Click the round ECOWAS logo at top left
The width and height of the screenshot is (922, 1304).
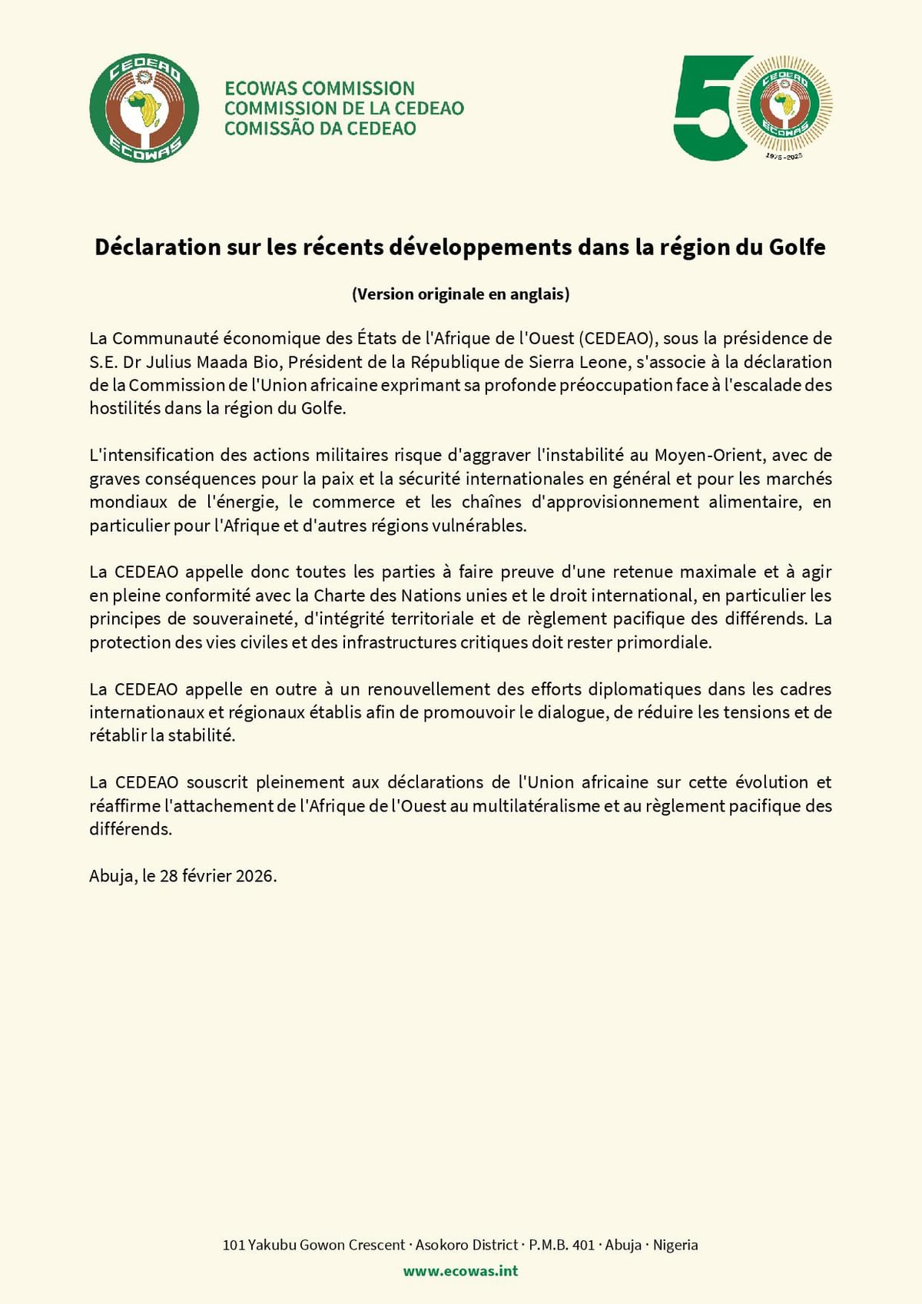[144, 108]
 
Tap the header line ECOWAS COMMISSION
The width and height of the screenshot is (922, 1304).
[320, 88]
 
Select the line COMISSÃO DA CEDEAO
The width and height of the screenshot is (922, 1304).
[320, 128]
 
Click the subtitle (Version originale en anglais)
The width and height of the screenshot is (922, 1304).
[460, 294]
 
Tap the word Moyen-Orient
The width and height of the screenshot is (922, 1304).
[708, 455]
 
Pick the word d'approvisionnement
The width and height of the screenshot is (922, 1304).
[615, 502]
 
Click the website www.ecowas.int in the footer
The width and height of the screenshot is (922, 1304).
[460, 1271]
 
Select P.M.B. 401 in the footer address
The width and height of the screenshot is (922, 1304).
[562, 1245]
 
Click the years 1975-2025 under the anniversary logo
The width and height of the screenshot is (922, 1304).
[784, 157]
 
